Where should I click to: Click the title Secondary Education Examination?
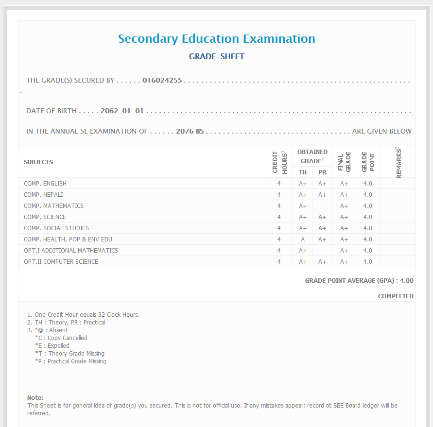tap(216, 39)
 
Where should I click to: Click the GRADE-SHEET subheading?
tap(216, 57)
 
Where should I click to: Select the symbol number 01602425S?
tap(162, 80)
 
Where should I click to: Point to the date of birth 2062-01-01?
tap(122, 111)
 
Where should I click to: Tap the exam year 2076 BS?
tap(190, 131)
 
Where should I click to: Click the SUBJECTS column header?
tap(38, 162)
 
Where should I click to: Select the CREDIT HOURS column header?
tap(279, 162)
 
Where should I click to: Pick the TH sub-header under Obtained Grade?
tap(303, 172)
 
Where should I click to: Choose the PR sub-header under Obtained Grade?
tap(322, 172)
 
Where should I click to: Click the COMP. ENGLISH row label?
tap(45, 184)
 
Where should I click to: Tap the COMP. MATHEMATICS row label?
tap(53, 206)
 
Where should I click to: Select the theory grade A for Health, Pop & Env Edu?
tap(303, 239)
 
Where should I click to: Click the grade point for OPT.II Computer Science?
tap(368, 262)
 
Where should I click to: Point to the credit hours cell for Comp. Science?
tap(279, 217)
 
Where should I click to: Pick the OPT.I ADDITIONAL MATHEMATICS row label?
tap(71, 251)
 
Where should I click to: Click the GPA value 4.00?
tap(406, 281)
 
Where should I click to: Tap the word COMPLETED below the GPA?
tap(396, 296)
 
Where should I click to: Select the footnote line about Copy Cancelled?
tap(61, 338)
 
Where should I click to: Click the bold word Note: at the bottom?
tap(35, 398)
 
